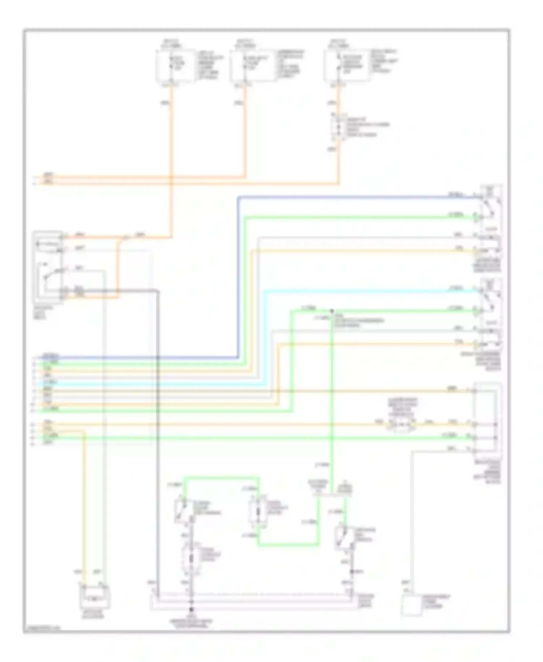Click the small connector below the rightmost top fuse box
pos(338,127)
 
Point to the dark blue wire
pos(238,275)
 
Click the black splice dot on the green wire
pos(331,311)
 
